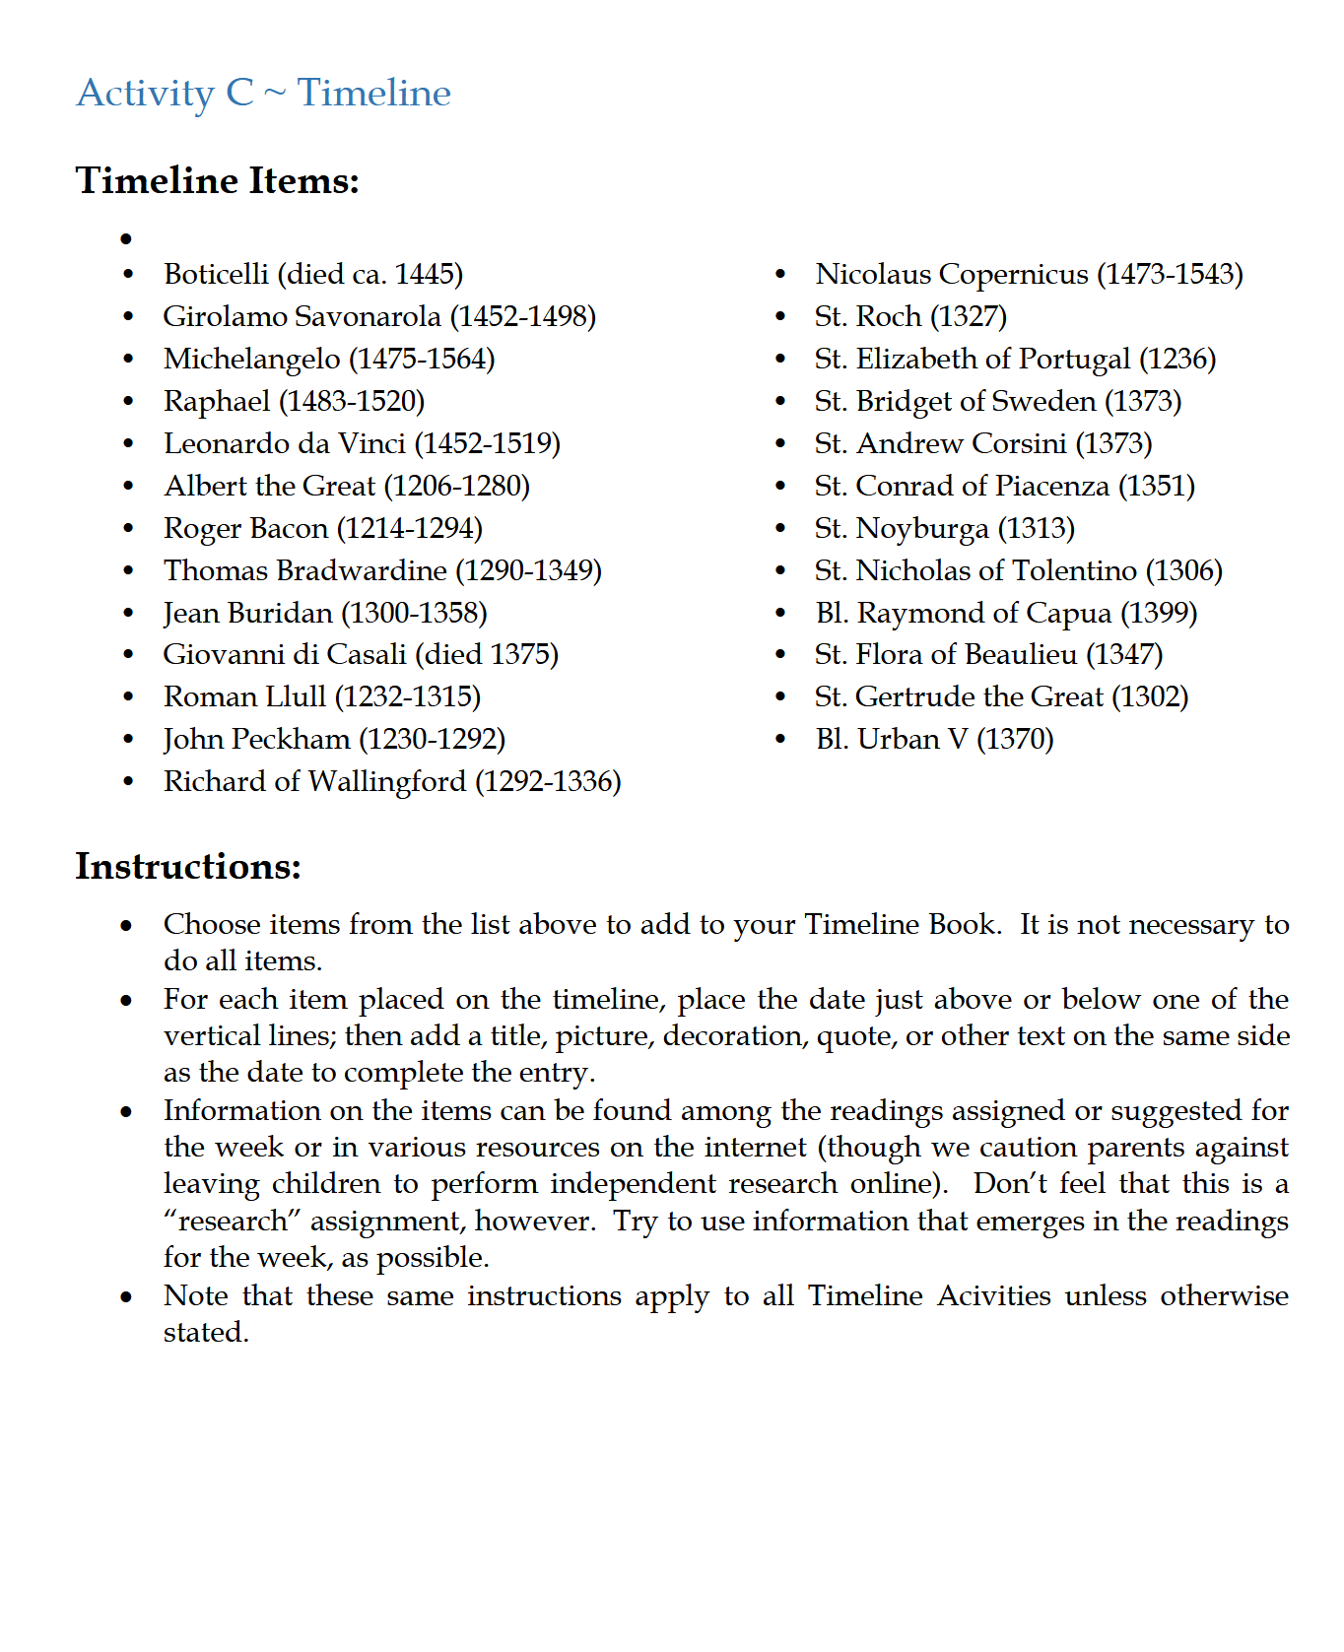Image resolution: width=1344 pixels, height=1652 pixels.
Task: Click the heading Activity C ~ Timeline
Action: click(263, 94)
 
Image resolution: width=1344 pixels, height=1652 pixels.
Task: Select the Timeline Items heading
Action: click(217, 181)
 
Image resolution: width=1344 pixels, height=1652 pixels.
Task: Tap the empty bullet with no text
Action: click(126, 239)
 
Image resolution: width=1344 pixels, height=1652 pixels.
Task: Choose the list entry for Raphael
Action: click(294, 401)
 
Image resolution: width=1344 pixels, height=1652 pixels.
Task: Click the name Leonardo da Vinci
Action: click(284, 443)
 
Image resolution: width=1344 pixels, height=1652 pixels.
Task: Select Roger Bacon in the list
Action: click(245, 528)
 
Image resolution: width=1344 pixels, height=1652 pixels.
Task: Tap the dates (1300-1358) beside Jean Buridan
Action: click(414, 613)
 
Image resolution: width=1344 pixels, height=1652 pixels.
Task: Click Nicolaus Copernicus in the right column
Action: click(951, 274)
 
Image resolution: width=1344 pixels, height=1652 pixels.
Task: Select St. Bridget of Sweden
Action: click(955, 401)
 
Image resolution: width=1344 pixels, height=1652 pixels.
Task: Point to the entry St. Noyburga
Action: click(901, 528)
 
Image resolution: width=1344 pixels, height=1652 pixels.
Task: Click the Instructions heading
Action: click(187, 867)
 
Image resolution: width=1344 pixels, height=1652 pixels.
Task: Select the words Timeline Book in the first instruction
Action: click(901, 924)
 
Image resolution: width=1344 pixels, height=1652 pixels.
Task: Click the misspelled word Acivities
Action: click(993, 1295)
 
